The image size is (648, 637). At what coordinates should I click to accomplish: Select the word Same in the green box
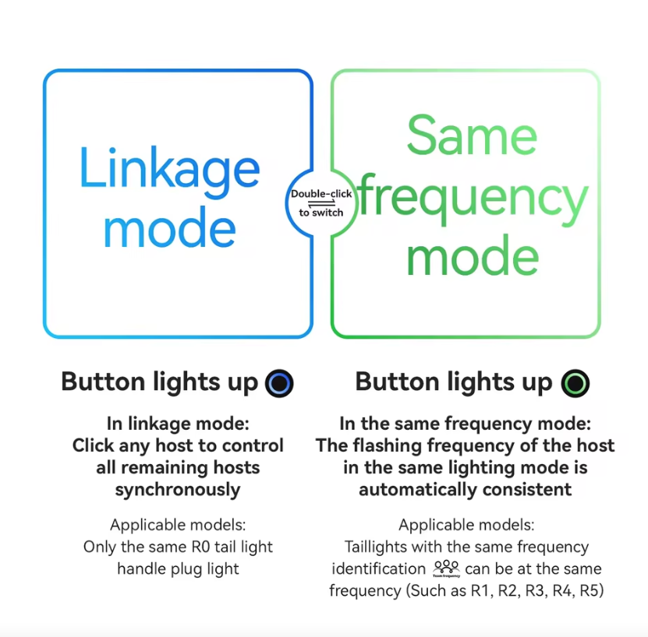[x=472, y=135]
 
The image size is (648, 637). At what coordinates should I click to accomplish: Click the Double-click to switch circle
[x=320, y=203]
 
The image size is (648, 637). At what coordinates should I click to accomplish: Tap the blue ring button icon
[x=279, y=383]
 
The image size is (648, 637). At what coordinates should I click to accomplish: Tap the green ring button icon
[x=575, y=383]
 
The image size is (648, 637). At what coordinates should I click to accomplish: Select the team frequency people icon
[x=447, y=568]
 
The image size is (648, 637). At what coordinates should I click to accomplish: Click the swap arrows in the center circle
[x=320, y=203]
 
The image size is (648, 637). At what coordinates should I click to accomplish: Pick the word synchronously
[x=178, y=490]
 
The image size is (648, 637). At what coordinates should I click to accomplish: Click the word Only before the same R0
[x=101, y=547]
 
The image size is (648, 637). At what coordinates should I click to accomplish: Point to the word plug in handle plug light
[x=186, y=568]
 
